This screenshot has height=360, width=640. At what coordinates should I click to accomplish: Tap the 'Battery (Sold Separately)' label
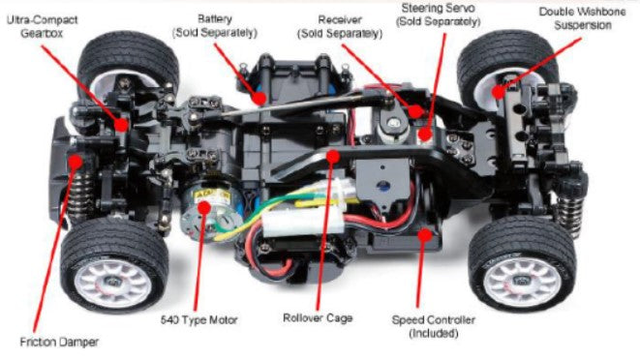coord(214,25)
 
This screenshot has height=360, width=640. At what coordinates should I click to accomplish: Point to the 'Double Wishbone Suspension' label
coord(576,18)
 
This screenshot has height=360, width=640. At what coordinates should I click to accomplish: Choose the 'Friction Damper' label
coord(59,342)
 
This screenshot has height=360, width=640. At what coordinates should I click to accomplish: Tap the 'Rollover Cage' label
coord(318,317)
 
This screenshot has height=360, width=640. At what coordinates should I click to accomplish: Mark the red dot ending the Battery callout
coord(259,96)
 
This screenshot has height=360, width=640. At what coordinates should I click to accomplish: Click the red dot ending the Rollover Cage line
coord(332,154)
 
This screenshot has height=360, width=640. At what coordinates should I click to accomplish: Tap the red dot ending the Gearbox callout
coord(121,125)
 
